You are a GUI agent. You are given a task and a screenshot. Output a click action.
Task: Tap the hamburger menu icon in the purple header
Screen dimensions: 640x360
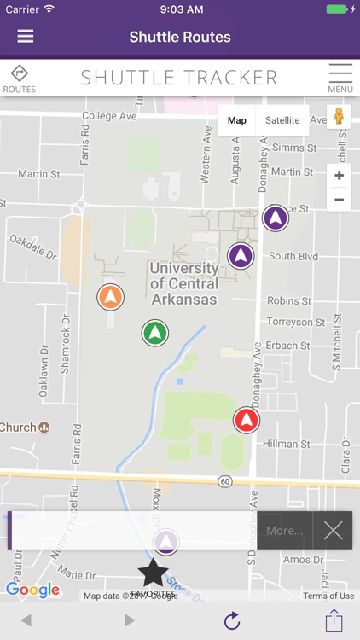click(x=26, y=37)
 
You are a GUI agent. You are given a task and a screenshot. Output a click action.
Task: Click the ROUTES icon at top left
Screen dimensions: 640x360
click(x=19, y=78)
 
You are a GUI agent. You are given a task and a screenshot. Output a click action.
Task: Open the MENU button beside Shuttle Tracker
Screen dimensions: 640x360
click(x=340, y=78)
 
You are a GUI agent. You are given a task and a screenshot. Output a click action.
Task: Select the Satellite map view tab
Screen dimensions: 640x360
click(x=282, y=120)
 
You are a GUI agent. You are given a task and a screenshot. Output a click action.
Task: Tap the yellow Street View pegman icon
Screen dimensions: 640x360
click(x=339, y=117)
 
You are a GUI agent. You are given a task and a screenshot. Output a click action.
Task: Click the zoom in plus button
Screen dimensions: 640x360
click(x=339, y=176)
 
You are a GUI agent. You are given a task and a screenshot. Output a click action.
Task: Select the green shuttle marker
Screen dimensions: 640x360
click(x=154, y=332)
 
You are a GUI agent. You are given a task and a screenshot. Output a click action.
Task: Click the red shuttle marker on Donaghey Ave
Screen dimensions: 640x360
click(x=247, y=420)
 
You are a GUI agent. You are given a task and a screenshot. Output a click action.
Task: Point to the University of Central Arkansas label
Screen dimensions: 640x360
click(x=183, y=283)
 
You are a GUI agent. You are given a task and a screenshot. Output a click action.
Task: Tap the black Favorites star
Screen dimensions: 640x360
click(x=154, y=573)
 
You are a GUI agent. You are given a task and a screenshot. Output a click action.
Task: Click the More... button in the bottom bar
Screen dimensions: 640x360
click(x=284, y=531)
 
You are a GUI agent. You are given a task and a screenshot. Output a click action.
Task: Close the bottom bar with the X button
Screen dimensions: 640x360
click(x=333, y=531)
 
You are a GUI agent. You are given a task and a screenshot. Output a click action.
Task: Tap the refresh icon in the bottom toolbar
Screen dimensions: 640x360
click(x=232, y=620)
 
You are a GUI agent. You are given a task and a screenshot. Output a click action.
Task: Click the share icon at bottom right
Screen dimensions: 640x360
click(x=334, y=620)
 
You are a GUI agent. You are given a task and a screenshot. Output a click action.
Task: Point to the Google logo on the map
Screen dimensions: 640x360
click(x=32, y=590)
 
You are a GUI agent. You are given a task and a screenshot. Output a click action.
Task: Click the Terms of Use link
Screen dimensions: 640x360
click(x=328, y=596)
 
